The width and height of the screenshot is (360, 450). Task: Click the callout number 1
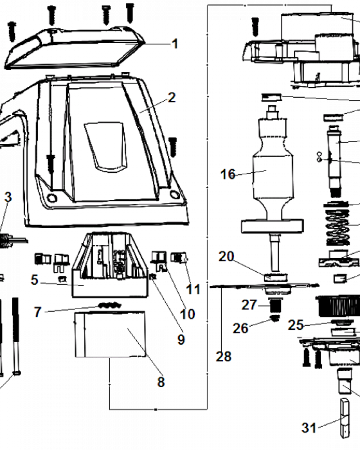click(175, 44)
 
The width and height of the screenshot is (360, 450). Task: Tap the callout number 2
click(171, 97)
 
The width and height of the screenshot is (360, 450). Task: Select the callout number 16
click(228, 174)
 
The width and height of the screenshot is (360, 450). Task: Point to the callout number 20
click(226, 256)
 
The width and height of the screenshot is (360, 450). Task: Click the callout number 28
click(224, 356)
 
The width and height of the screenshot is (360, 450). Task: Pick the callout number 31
click(309, 427)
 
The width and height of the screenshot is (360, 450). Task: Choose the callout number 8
click(161, 382)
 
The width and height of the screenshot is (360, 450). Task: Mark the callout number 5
click(35, 280)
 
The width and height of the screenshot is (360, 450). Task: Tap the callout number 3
click(8, 197)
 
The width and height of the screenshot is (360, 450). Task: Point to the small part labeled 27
click(274, 306)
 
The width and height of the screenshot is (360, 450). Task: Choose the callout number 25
click(296, 324)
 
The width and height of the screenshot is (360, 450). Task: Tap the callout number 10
click(187, 314)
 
